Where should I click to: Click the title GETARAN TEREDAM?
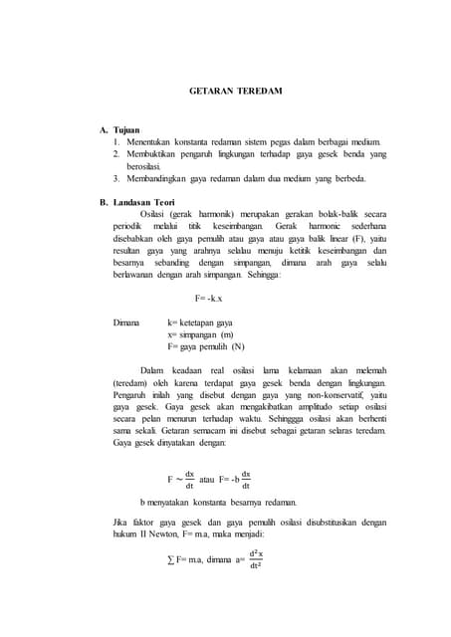pyautogui.click(x=236, y=91)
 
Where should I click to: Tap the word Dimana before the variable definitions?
pyautogui.click(x=126, y=323)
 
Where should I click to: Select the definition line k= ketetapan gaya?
pyautogui.click(x=200, y=323)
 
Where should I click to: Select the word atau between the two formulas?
pyautogui.click(x=208, y=479)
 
